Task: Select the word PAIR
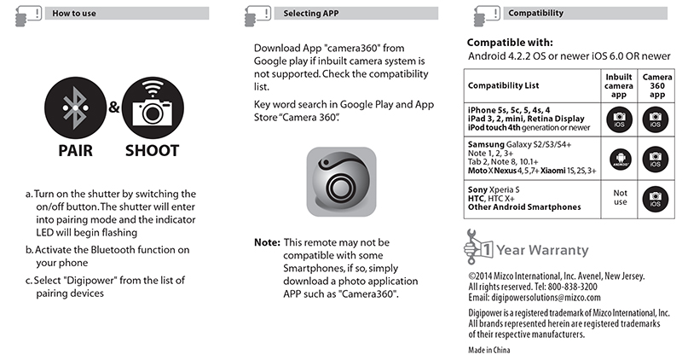(x=75, y=151)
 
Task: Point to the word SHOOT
(x=152, y=151)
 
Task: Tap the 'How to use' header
(x=74, y=14)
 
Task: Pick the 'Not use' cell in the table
(x=620, y=198)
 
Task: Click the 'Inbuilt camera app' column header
(x=620, y=86)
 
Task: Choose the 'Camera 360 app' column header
(x=656, y=86)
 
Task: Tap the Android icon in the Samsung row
(x=620, y=158)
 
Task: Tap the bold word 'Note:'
(x=266, y=242)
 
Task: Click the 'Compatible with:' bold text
(x=510, y=42)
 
